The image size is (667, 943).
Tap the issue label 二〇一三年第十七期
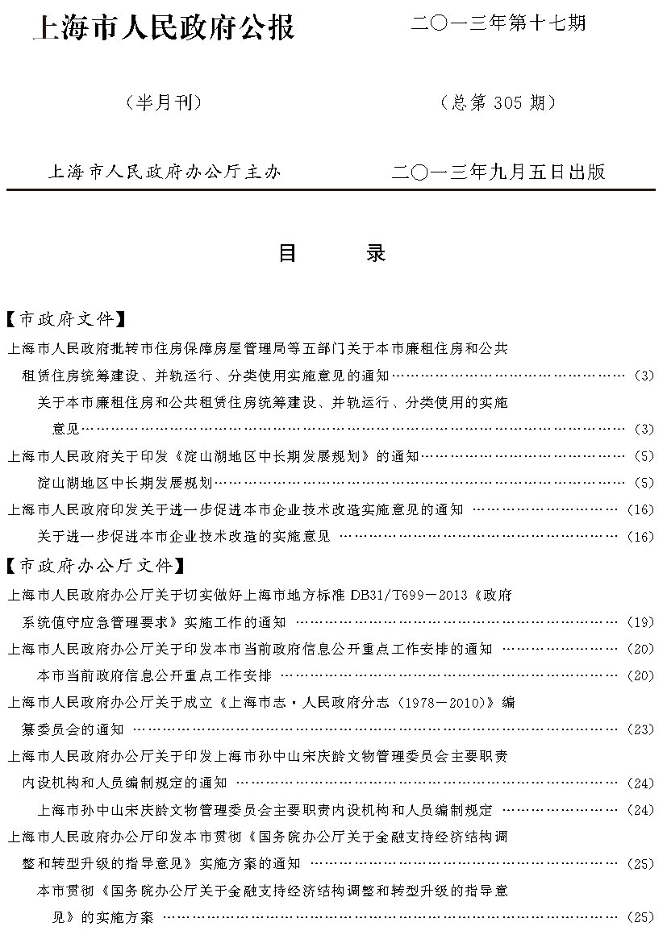tap(497, 23)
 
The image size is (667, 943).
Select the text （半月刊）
tap(163, 102)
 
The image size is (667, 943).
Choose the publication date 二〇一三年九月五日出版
tap(497, 171)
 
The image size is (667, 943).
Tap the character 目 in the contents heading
tap(287, 253)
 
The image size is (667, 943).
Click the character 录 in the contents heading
tap(375, 253)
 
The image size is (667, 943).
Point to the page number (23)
tap(640, 729)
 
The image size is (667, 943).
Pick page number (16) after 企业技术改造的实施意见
tap(640, 537)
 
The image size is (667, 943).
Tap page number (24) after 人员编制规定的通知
tap(640, 783)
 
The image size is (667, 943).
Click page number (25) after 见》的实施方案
tap(640, 917)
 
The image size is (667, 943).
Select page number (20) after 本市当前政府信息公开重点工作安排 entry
tap(640, 675)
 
